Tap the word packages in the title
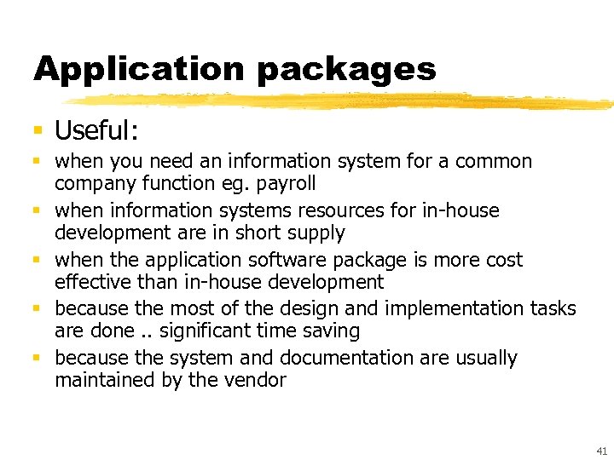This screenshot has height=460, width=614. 345,70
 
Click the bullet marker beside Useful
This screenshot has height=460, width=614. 38,130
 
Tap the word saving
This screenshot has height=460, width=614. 332,331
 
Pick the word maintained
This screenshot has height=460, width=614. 106,380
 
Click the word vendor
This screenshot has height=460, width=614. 255,380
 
